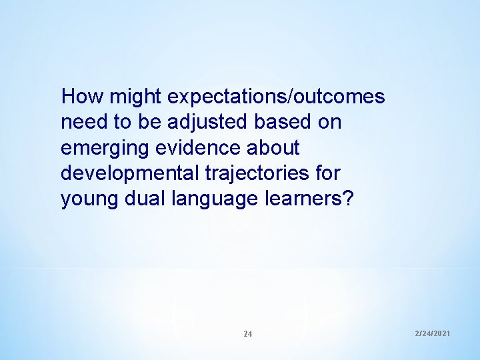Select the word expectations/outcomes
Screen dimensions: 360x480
pyautogui.click(x=276, y=97)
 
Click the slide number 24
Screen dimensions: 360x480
pyautogui.click(x=247, y=333)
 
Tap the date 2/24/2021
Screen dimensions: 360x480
pyautogui.click(x=432, y=332)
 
